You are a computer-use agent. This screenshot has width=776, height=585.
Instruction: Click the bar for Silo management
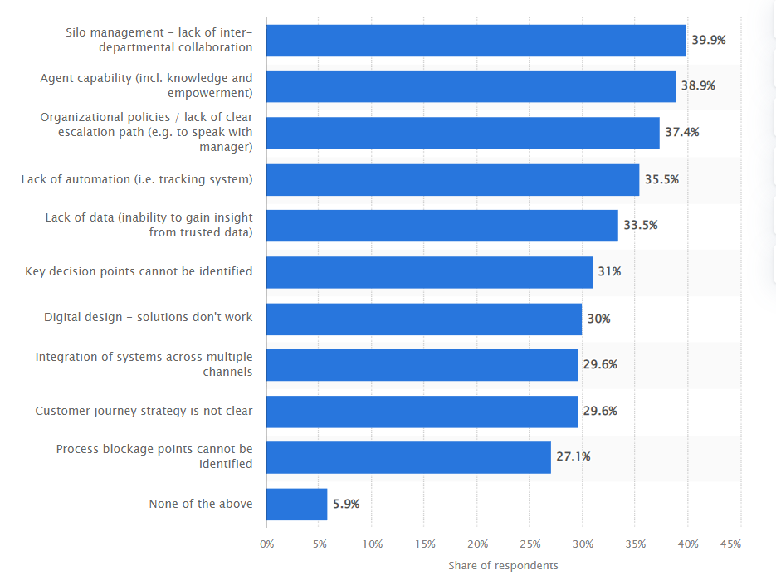[476, 40]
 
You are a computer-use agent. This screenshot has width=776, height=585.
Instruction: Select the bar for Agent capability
[471, 86]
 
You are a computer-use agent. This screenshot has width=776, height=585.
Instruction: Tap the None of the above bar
[297, 504]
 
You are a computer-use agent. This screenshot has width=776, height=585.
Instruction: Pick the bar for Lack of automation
[453, 179]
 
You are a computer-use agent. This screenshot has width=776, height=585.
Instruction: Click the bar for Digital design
[424, 319]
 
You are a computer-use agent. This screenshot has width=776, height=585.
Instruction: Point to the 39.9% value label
[708, 40]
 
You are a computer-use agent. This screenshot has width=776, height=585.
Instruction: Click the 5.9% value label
[346, 504]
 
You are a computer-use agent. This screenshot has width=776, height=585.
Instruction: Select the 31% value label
[609, 272]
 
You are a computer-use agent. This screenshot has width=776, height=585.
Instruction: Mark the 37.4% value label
[681, 133]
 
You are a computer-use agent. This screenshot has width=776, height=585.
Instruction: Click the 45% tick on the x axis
[730, 544]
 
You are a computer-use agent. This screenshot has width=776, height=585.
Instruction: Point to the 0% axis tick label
[266, 544]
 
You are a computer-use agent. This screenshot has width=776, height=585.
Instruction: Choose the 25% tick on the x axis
[530, 544]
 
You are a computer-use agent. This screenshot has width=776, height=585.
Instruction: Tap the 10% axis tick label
[373, 544]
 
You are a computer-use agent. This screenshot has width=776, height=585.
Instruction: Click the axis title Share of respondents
[503, 566]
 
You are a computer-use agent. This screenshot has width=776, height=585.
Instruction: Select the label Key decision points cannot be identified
[139, 271]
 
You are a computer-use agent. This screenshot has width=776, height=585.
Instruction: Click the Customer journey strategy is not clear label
[144, 411]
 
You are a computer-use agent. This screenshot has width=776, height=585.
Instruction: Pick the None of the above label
[201, 504]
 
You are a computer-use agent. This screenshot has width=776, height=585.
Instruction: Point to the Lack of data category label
[149, 225]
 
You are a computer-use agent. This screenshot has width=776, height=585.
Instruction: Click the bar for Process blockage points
[408, 457]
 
